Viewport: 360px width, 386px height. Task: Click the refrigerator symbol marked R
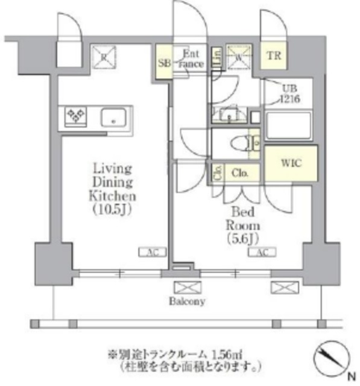point(104,56)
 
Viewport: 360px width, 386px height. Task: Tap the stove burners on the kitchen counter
point(75,116)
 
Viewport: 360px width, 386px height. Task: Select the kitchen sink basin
point(114,116)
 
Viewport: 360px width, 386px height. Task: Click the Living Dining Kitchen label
point(113,182)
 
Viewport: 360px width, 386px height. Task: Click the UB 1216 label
point(287,93)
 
